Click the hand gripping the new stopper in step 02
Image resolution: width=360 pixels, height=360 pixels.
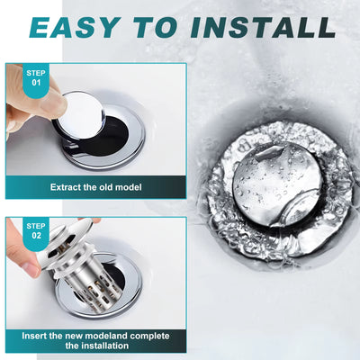[22, 256]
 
